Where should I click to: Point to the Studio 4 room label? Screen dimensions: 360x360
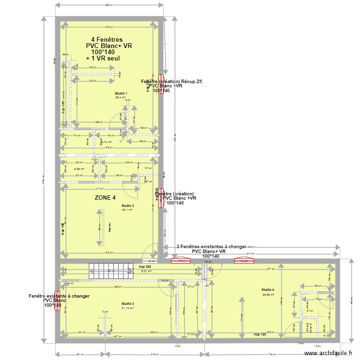(x=268, y=289)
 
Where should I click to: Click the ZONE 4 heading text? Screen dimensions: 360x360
(x=105, y=197)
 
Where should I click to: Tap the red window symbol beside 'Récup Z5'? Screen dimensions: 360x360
(x=161, y=84)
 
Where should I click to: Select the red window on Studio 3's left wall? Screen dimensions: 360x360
(x=57, y=302)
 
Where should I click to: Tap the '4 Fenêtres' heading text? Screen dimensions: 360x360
(x=107, y=40)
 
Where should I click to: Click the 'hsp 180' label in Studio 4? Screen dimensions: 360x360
(x=260, y=334)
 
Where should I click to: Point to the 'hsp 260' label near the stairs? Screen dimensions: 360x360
(x=145, y=266)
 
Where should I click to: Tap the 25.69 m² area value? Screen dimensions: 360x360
(x=268, y=294)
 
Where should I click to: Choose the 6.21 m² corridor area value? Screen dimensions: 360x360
(x=146, y=271)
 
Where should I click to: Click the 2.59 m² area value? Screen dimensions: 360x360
(x=79, y=169)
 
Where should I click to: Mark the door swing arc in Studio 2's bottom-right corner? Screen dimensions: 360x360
(x=151, y=251)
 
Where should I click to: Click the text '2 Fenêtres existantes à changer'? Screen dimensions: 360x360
(x=211, y=246)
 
